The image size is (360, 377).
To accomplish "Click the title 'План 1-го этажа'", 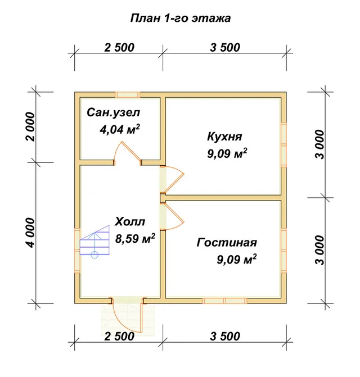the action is (181, 19).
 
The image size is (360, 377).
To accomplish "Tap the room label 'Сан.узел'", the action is (113, 112).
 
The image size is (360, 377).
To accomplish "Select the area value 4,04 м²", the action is (120, 129).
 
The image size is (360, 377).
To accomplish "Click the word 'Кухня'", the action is (224, 137).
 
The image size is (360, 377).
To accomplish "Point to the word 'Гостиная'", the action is (227, 242).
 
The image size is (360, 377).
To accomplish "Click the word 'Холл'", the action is (130, 221).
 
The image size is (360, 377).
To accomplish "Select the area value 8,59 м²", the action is (135, 238).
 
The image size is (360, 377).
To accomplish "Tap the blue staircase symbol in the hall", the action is (94, 242).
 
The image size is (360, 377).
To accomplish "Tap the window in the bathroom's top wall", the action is (127, 94).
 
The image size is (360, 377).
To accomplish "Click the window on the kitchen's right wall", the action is (283, 145).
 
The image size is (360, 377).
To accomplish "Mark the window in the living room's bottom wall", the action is (224, 301).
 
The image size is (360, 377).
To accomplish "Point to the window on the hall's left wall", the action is (77, 250).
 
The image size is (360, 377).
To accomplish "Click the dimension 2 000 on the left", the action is (31, 127).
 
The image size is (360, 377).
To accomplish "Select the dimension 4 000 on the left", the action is (31, 233).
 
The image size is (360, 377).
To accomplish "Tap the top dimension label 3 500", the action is (225, 48).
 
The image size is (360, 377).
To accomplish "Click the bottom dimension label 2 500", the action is (119, 337).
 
